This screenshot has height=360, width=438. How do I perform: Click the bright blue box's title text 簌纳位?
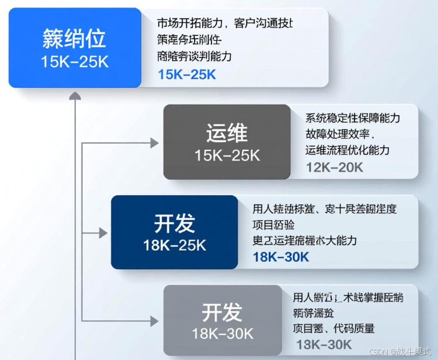coord(74,39)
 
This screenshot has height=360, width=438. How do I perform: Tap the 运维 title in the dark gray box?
coord(226,132)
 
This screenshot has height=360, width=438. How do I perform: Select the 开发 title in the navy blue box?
coord(174,223)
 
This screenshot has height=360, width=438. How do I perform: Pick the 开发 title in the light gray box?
coord(222,312)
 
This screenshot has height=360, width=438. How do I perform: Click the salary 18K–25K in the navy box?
coord(174,246)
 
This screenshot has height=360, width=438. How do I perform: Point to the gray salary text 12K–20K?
coord(335,167)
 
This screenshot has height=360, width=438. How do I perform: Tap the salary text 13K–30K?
coord(324,344)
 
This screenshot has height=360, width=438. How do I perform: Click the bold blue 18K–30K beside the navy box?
coord(281,257)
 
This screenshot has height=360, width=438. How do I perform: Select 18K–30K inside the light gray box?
coord(222,334)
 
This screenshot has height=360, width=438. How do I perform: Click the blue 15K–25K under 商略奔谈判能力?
coord(187,74)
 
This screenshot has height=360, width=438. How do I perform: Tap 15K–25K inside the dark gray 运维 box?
coord(226,155)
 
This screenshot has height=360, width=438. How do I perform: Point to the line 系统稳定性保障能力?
coord(352,118)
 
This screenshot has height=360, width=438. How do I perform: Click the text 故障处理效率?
coord(339,134)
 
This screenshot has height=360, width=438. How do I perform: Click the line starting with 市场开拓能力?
coord(225,24)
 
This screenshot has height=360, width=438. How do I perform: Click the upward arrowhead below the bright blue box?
coord(75,95)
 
